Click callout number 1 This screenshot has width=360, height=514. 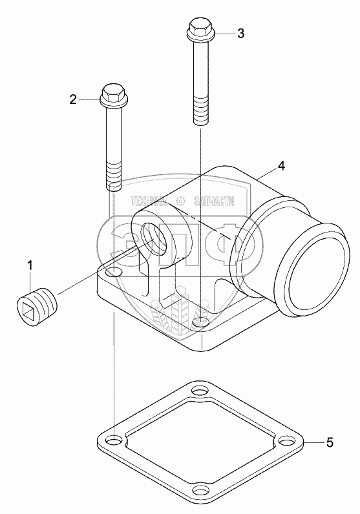tap(30, 265)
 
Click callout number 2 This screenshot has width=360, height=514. tap(73, 99)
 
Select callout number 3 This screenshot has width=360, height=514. tap(241, 34)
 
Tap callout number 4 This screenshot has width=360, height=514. tap(281, 166)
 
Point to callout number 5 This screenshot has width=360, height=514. tap(330, 442)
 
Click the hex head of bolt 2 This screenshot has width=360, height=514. tap(113, 94)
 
